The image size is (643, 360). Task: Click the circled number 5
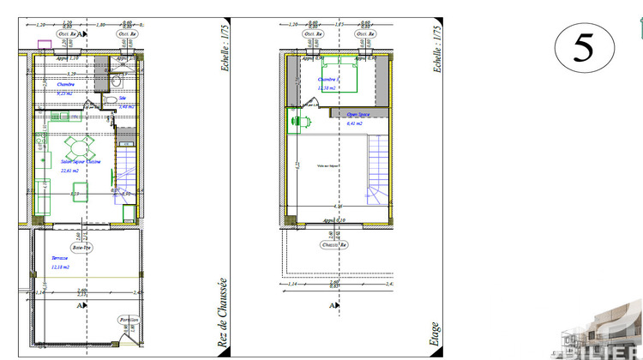[583, 48]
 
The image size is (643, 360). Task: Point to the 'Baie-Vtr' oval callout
[81, 247]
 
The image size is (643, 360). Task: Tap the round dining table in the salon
[76, 144]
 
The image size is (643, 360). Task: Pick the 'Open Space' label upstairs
[358, 113]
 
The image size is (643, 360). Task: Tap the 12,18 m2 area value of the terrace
[60, 267]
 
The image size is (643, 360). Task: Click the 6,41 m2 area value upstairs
[353, 123]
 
